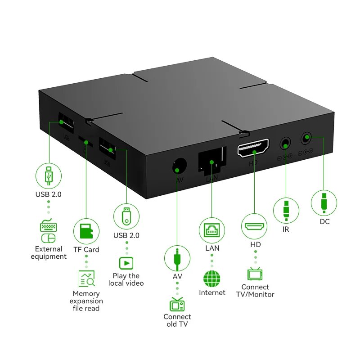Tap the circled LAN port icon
[x=211, y=230]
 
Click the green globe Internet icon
[x=211, y=279]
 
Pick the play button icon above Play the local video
[x=126, y=262]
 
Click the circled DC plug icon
[x=324, y=202]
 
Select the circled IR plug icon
[x=286, y=210]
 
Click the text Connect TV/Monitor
[x=255, y=291]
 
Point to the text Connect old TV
[x=177, y=320]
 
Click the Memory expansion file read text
[x=86, y=301]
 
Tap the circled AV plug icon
[x=177, y=257]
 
